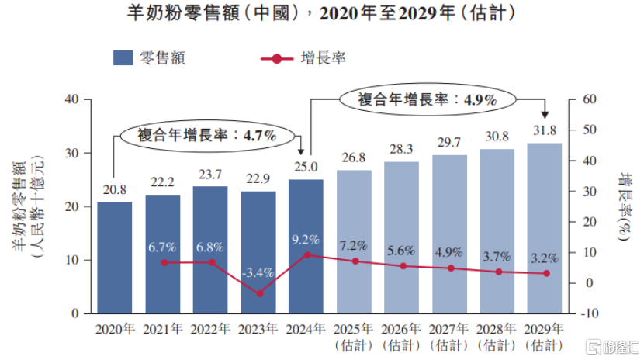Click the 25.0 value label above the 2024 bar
(305, 167)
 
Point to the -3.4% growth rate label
(258, 272)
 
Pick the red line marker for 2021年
(163, 262)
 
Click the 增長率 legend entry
(303, 57)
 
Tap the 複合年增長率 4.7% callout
(207, 134)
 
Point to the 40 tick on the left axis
(74, 99)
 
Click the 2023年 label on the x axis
(258, 330)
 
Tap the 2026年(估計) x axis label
(401, 336)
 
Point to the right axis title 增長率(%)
(624, 206)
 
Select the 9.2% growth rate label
(305, 239)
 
